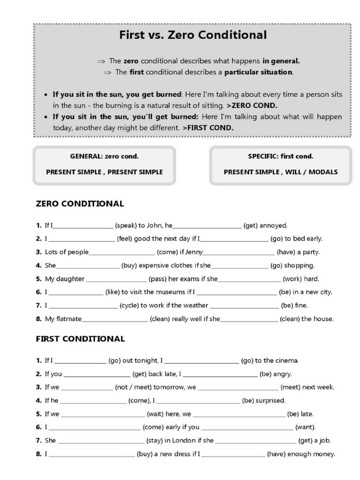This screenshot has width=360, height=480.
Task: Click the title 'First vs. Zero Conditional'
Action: pos(193,35)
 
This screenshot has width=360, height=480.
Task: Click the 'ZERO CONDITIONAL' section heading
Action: pos(80,204)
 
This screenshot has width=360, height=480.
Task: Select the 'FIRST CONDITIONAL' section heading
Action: pos(80,339)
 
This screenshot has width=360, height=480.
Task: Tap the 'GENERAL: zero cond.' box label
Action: pos(104,157)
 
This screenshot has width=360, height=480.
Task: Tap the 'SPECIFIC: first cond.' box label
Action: pos(280,157)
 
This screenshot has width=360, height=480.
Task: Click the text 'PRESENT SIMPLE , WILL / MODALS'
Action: pos(280,172)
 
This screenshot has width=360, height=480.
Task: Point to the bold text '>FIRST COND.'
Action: pos(208,127)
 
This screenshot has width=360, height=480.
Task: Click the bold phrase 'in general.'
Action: pos(281,61)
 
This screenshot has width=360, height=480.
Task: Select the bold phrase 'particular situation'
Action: pos(258,72)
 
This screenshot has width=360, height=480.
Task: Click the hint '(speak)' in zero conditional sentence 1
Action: pos(126,225)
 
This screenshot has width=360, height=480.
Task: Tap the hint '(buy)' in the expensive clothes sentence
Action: pos(129,265)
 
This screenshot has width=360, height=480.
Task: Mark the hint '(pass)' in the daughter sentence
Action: pos(157,279)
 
